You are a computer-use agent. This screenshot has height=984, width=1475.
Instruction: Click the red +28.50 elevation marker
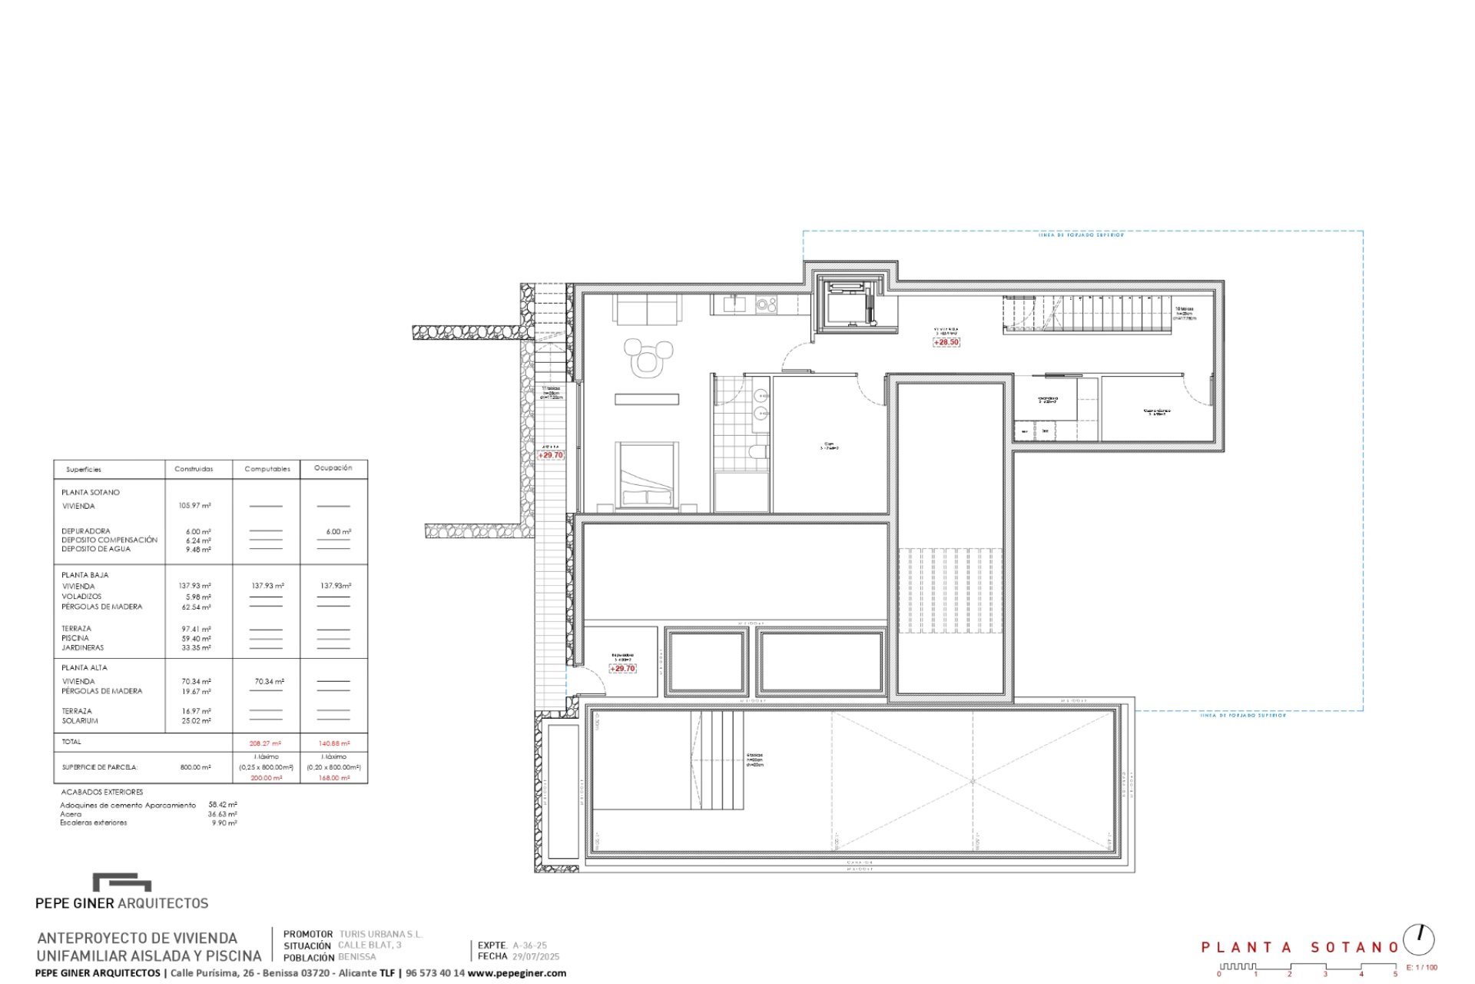coord(946,342)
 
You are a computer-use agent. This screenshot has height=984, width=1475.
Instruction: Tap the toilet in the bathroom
coord(757,452)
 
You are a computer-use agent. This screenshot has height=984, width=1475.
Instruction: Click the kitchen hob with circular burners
coord(766,305)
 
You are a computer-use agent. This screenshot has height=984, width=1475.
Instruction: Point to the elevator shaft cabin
coord(850,304)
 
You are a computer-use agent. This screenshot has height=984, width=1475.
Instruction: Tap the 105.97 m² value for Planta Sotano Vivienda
coord(194,506)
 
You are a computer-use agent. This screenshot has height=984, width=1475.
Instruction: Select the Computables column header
coord(267,469)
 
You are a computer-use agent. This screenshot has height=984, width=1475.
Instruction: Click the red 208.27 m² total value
coord(265,743)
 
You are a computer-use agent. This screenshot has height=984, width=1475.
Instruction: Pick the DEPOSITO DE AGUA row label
coord(96,549)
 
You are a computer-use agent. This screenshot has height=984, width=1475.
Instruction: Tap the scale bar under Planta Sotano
coord(1306,968)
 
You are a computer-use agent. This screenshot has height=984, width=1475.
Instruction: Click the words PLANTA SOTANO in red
coord(1299,947)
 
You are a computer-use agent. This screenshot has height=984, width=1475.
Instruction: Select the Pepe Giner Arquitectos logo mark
coord(121,882)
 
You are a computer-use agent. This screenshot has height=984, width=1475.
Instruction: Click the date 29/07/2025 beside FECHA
coord(535,957)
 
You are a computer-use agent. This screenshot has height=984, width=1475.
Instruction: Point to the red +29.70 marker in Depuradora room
coord(622,669)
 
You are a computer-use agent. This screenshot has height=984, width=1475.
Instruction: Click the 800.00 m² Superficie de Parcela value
coord(195,767)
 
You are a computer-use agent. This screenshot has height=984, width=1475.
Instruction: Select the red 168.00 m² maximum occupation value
coord(333,778)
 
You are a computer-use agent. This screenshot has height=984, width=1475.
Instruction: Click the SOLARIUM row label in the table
coord(80,721)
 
